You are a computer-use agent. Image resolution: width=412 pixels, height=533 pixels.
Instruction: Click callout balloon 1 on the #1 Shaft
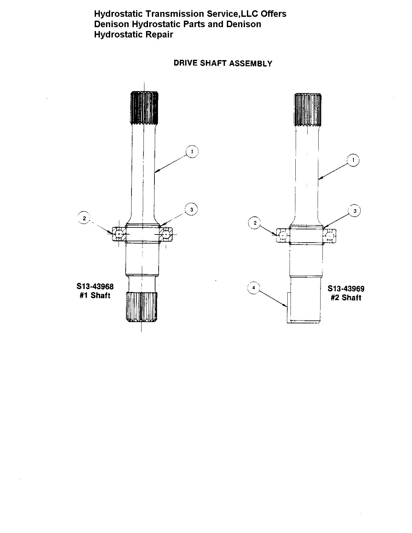192,152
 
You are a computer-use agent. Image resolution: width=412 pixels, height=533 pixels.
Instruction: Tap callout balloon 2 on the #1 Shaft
84,218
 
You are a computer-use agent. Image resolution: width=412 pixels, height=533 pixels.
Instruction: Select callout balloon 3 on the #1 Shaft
191,209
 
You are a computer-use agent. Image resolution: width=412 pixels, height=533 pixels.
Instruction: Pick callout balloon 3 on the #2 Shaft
355,211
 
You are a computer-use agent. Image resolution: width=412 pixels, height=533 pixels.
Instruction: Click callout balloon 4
254,288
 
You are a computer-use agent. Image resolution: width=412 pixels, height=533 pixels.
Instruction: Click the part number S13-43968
95,287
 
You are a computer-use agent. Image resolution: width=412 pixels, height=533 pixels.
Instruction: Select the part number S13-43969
346,289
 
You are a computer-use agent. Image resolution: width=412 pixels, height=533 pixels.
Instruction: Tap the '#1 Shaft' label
95,295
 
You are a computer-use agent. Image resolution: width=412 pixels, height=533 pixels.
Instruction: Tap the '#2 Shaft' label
346,298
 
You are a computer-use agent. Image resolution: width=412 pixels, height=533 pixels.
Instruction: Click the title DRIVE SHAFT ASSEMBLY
223,63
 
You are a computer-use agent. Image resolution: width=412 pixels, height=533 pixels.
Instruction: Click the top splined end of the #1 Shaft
144,108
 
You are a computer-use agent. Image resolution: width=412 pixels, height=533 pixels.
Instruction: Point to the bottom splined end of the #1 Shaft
142,307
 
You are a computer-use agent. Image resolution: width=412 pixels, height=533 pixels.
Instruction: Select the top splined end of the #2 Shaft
308,110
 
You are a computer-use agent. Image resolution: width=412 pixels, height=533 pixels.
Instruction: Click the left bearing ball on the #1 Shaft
119,234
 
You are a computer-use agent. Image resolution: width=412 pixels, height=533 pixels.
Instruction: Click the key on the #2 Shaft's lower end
289,308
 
